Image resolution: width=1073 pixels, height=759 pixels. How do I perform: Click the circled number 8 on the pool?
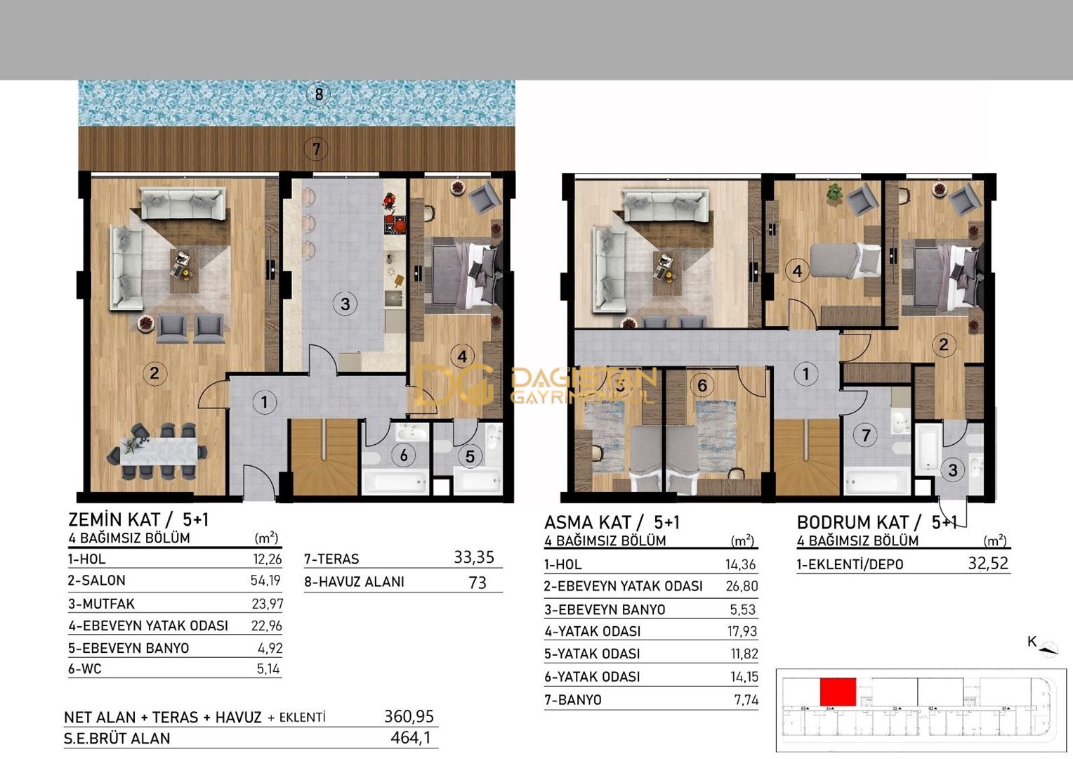[x=319, y=93]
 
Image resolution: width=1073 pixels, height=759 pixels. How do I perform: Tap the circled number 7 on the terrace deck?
[x=316, y=149]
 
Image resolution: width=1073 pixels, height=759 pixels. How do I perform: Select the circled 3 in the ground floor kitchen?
[x=345, y=304]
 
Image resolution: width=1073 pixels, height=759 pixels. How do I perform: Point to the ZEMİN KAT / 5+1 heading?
[x=138, y=519]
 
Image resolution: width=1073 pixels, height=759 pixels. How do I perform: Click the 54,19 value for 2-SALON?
[x=266, y=580]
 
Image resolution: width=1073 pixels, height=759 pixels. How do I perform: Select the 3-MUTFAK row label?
[x=101, y=604]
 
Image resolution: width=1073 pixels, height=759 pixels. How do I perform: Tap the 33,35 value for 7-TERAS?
[x=474, y=557]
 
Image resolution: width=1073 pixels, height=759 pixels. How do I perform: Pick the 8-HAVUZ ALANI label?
[x=354, y=582]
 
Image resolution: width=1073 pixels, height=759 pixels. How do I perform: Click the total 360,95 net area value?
[x=409, y=716]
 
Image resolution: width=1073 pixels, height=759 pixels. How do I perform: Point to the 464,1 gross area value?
[x=411, y=738]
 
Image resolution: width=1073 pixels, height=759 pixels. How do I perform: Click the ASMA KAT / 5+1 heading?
[x=612, y=522]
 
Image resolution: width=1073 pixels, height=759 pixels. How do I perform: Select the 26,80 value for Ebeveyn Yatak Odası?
[x=742, y=586]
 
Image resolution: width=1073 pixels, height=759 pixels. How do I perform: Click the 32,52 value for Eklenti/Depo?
[x=987, y=564]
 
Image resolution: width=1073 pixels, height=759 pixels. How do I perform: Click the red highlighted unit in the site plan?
[x=838, y=692]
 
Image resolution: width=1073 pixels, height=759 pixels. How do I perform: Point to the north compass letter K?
[x=1032, y=641]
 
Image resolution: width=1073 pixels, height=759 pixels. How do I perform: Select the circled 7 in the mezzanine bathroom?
[x=866, y=436]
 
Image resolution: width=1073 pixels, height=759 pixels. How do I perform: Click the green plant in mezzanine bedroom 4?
[x=834, y=190]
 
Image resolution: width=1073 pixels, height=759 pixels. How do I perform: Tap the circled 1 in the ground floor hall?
[x=264, y=403]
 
